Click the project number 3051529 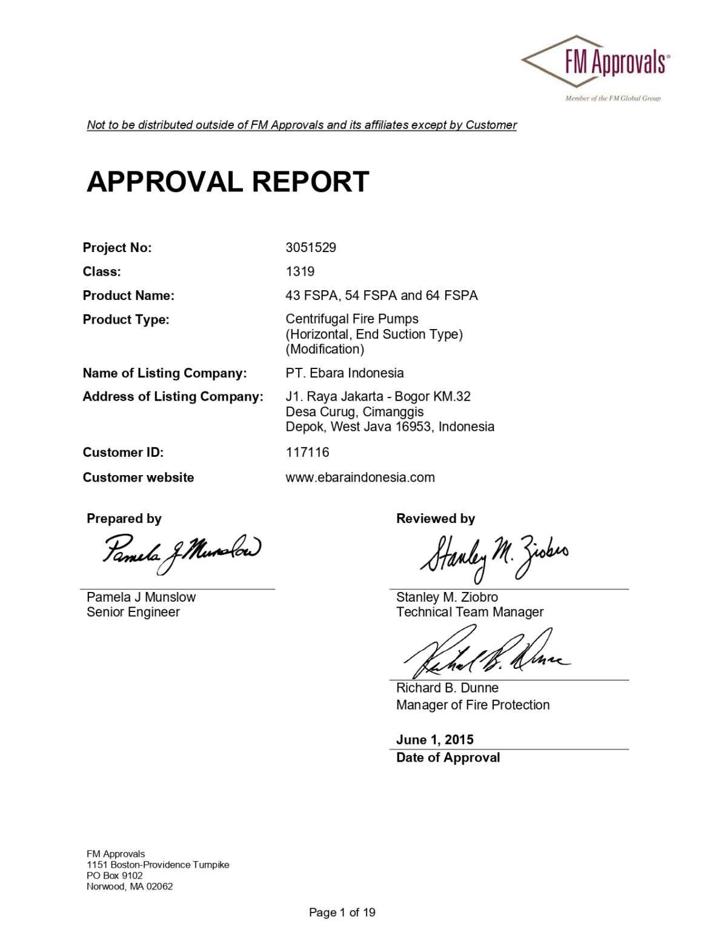311,247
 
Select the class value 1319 300,271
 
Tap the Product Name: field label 128,296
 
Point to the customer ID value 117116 307,452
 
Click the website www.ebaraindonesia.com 360,477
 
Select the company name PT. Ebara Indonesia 344,373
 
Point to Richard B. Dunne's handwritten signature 485,654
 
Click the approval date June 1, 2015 434,740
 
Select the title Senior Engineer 133,612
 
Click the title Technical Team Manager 470,612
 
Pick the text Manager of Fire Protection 473,705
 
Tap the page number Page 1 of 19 342,913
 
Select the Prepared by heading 124,519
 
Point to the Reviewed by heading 435,519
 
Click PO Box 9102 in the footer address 115,876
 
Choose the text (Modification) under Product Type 325,349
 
